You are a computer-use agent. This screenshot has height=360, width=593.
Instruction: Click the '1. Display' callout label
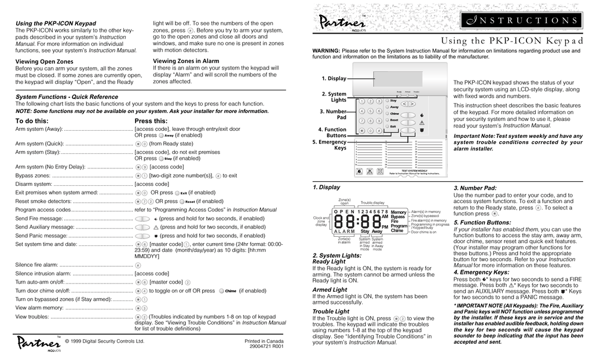coord(334,78)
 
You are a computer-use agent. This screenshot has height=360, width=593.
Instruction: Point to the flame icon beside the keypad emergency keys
coord(422,114)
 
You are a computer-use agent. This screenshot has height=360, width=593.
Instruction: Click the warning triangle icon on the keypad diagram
coord(422,123)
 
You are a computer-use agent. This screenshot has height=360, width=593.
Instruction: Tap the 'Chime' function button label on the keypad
coord(394,113)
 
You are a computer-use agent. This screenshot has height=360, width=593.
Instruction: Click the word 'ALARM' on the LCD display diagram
coord(343,232)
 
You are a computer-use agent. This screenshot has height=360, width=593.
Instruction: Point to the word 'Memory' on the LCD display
coord(398,212)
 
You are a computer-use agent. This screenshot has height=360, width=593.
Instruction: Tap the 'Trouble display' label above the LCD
coord(372,203)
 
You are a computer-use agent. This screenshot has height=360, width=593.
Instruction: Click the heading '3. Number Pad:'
coord(475,188)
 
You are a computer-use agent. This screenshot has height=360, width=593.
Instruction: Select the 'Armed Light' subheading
coord(330,289)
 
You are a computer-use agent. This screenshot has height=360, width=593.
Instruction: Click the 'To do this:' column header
coord(32,120)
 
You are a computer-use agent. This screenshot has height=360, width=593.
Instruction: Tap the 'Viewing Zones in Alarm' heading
coord(186,61)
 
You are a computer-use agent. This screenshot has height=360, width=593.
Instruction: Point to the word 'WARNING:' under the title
coord(326,51)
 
